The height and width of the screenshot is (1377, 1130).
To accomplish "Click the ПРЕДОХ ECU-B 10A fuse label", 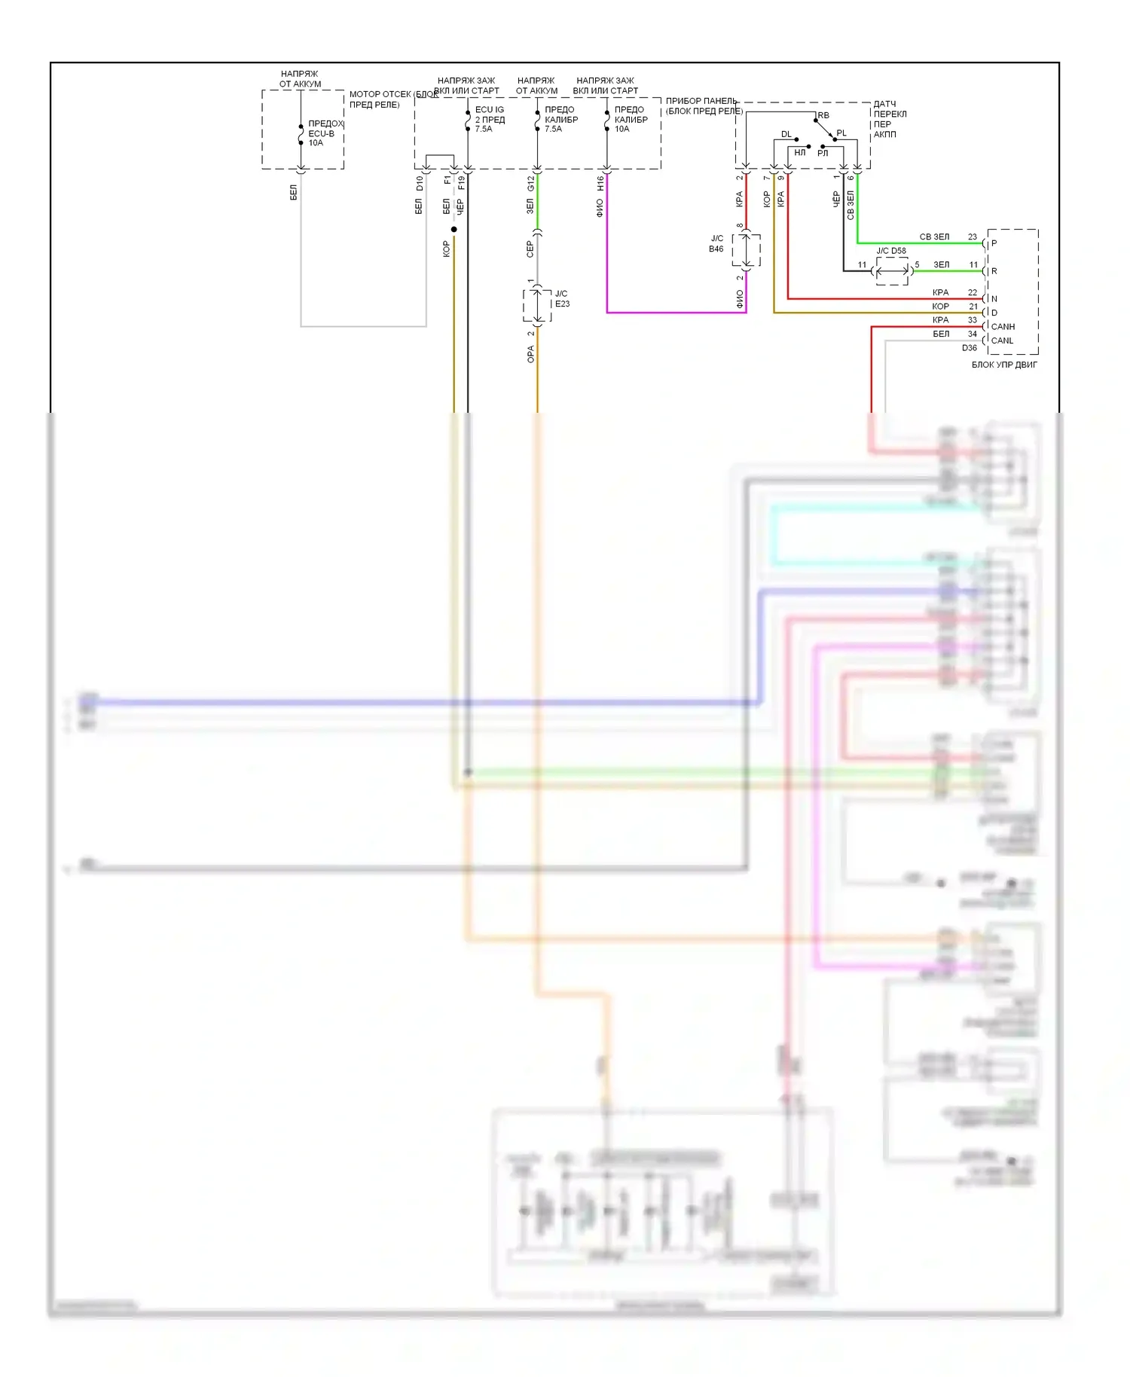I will [x=325, y=133].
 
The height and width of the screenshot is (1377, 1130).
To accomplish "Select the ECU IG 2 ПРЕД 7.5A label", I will [x=490, y=119].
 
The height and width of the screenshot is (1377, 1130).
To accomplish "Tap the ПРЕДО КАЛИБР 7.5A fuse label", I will [x=561, y=119].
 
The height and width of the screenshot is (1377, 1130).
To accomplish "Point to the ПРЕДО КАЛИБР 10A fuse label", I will [x=631, y=119].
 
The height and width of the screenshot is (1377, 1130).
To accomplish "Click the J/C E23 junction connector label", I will [x=562, y=299].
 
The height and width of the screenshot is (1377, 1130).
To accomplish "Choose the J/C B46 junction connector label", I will [x=716, y=243].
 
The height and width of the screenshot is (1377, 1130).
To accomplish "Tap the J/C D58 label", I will [x=891, y=251].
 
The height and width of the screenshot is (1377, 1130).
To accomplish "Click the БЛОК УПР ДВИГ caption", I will [x=1004, y=365].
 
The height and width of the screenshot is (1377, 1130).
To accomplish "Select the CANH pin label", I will [x=1003, y=327].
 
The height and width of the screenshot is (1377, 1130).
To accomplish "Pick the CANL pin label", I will [x=1002, y=340].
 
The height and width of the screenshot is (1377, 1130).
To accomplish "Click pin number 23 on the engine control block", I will [x=973, y=237].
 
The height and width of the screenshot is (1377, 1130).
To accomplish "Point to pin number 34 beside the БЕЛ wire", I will [x=973, y=334].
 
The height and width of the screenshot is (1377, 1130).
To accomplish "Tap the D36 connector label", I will [x=970, y=348].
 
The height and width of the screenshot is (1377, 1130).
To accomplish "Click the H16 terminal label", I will [x=600, y=183].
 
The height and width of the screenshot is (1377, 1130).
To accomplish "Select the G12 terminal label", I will [x=530, y=183].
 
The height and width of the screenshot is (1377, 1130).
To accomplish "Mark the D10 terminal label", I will [x=420, y=183].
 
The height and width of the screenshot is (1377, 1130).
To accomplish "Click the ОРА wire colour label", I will [x=530, y=354].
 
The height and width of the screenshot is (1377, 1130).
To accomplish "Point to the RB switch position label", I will [x=823, y=115].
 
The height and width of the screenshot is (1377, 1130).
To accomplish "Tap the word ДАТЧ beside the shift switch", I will [x=884, y=104].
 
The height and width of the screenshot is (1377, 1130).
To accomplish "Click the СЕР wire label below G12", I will [x=530, y=249].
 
